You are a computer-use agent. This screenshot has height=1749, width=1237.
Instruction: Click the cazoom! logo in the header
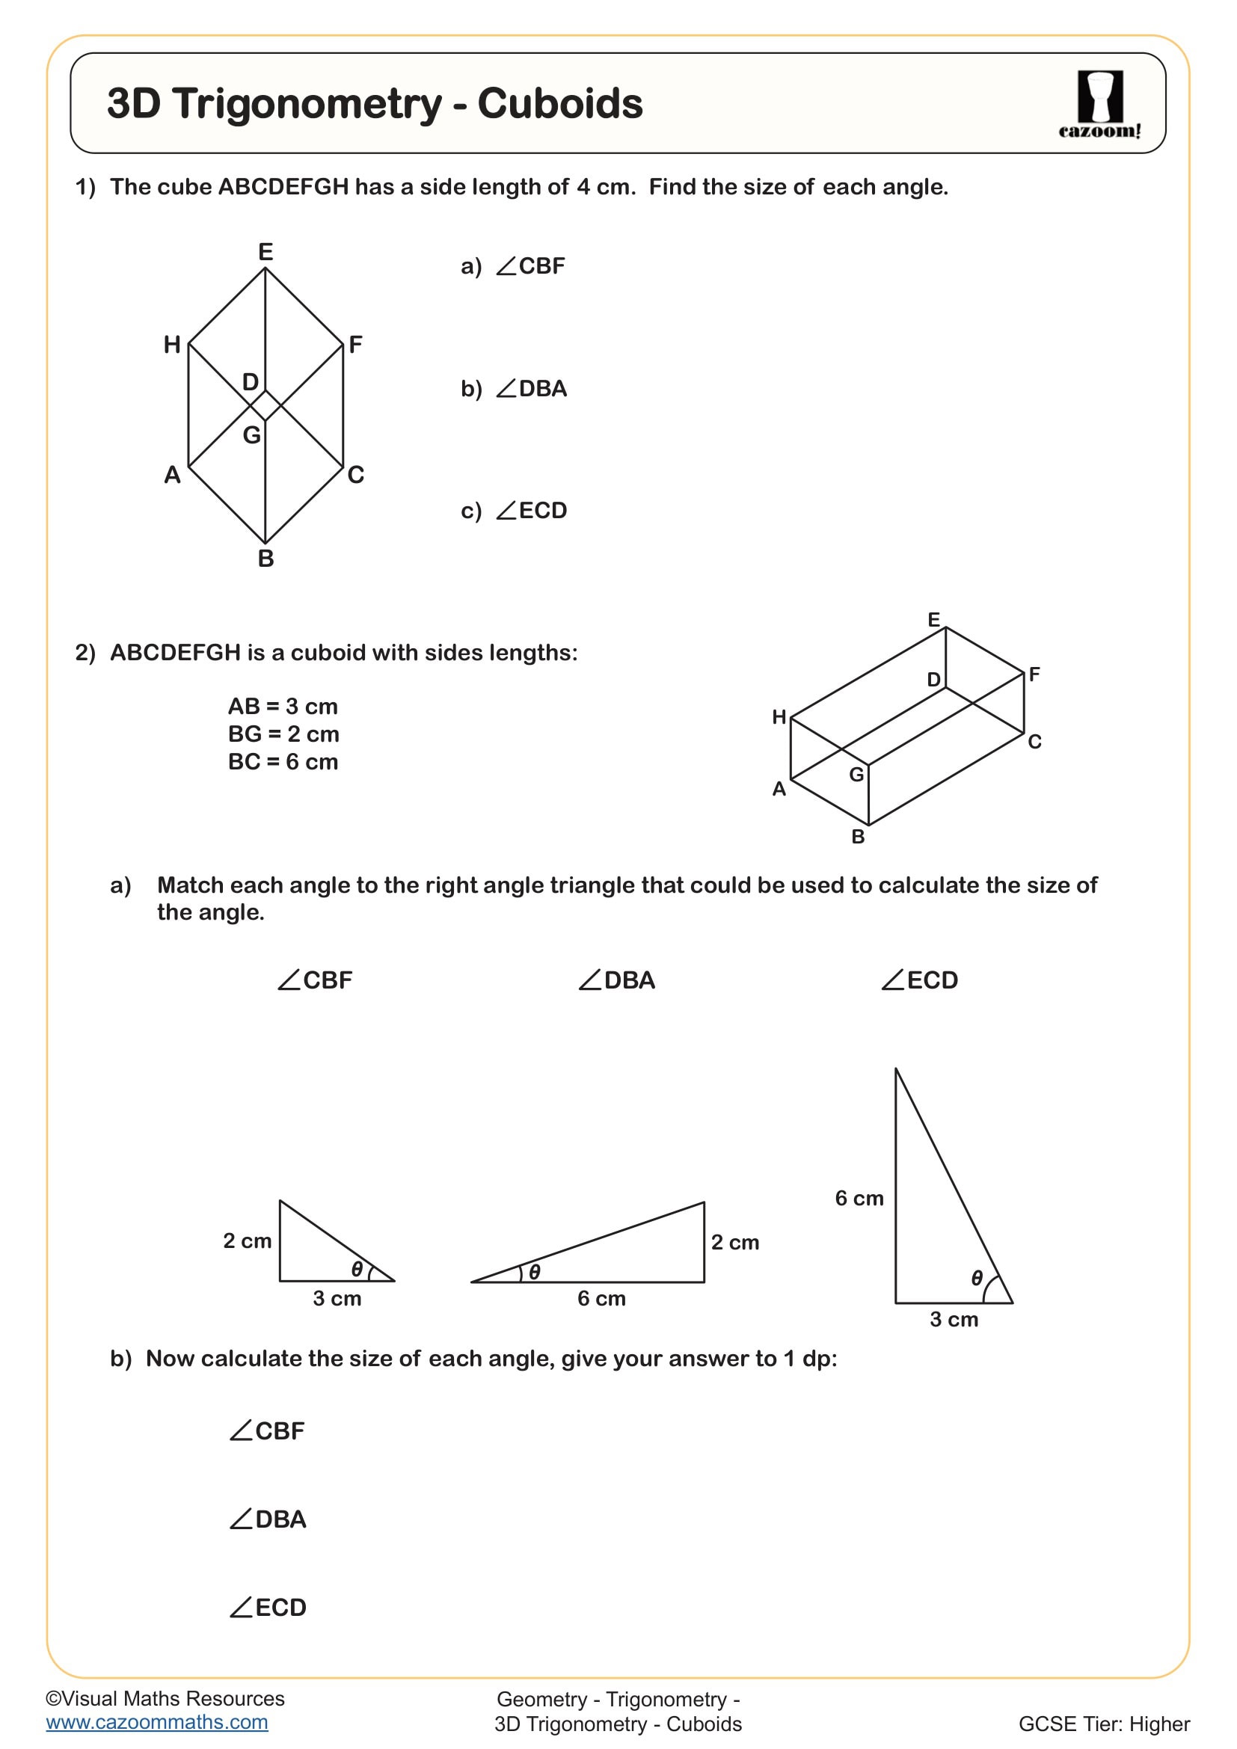pyautogui.click(x=1099, y=105)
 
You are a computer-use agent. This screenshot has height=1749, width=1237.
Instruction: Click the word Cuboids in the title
pyautogui.click(x=560, y=104)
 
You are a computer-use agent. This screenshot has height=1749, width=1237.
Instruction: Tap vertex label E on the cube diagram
pyautogui.click(x=265, y=251)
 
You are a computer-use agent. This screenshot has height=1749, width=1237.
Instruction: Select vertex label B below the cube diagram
pyautogui.click(x=265, y=559)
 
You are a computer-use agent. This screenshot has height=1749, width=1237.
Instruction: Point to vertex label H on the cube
pyautogui.click(x=172, y=345)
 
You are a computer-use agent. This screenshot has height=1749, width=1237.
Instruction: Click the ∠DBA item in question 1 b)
pyautogui.click(x=531, y=389)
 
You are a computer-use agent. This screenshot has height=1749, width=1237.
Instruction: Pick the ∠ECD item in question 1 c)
pyautogui.click(x=531, y=511)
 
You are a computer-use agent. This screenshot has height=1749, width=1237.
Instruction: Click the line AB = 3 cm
pyautogui.click(x=283, y=706)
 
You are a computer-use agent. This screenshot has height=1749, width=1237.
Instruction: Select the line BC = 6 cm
pyautogui.click(x=283, y=762)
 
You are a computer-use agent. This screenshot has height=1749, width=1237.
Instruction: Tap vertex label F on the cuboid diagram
pyautogui.click(x=1034, y=674)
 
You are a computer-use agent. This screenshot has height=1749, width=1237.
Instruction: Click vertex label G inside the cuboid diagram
pyautogui.click(x=856, y=775)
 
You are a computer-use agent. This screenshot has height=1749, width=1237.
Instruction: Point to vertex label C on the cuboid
pyautogui.click(x=1034, y=741)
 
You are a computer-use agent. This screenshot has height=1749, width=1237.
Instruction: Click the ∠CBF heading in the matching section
pyautogui.click(x=315, y=980)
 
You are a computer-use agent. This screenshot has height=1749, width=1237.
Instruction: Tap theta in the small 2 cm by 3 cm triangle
pyautogui.click(x=357, y=1269)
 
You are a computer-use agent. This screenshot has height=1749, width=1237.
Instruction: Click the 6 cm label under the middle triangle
pyautogui.click(x=601, y=1298)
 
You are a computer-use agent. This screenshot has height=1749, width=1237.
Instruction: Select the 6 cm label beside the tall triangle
pyautogui.click(x=859, y=1198)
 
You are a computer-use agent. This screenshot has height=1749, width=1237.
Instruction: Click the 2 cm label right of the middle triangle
pyautogui.click(x=734, y=1243)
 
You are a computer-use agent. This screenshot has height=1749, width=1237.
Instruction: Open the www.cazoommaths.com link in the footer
pyautogui.click(x=157, y=1721)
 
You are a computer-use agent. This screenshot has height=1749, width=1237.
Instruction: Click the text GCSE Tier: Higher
pyautogui.click(x=1103, y=1724)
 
